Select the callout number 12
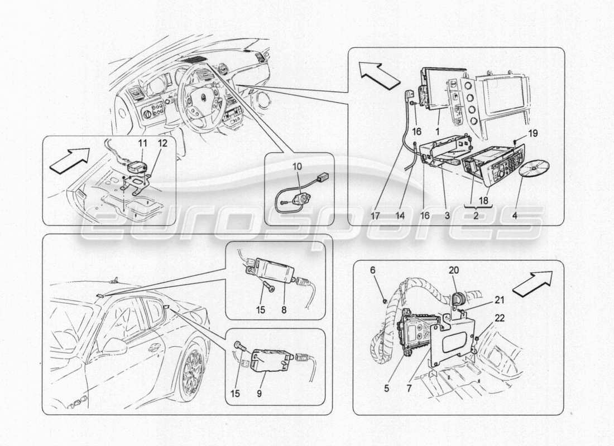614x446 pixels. tap(163, 144)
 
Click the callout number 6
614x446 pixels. tap(374, 269)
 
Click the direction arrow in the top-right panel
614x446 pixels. tap(375, 72)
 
